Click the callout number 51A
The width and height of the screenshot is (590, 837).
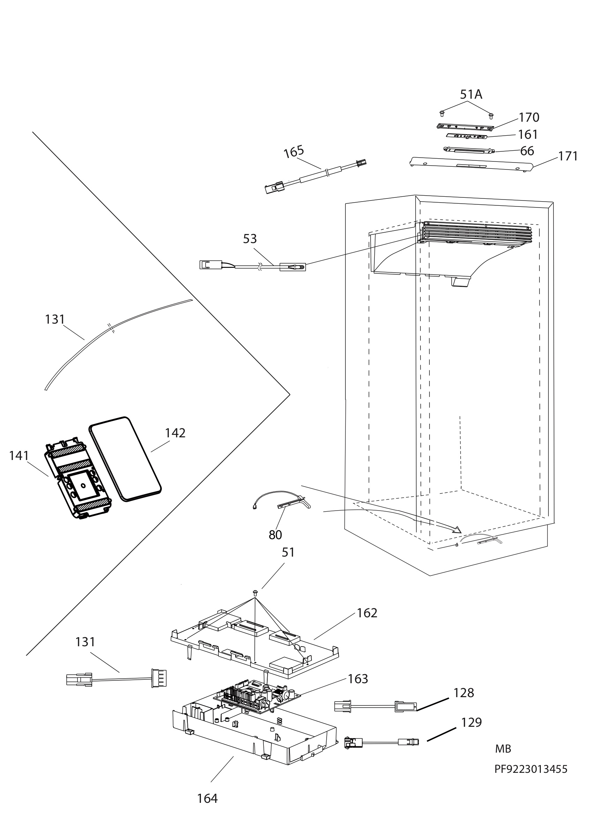[x=471, y=95]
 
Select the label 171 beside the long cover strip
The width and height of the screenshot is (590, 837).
[x=568, y=156]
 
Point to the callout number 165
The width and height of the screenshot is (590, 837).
[x=294, y=152]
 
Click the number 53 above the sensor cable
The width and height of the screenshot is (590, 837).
[x=250, y=239]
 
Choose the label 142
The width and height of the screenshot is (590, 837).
[x=175, y=433]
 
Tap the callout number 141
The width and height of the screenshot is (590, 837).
[x=19, y=455]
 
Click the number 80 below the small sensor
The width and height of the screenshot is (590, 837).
[x=275, y=535]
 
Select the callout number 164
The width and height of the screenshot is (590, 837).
[x=208, y=798]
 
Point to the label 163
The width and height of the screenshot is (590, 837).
[x=358, y=679]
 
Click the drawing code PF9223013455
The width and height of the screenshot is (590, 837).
[x=531, y=769]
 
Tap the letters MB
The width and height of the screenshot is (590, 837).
[x=503, y=749]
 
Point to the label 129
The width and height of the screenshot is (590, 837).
[x=471, y=722]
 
